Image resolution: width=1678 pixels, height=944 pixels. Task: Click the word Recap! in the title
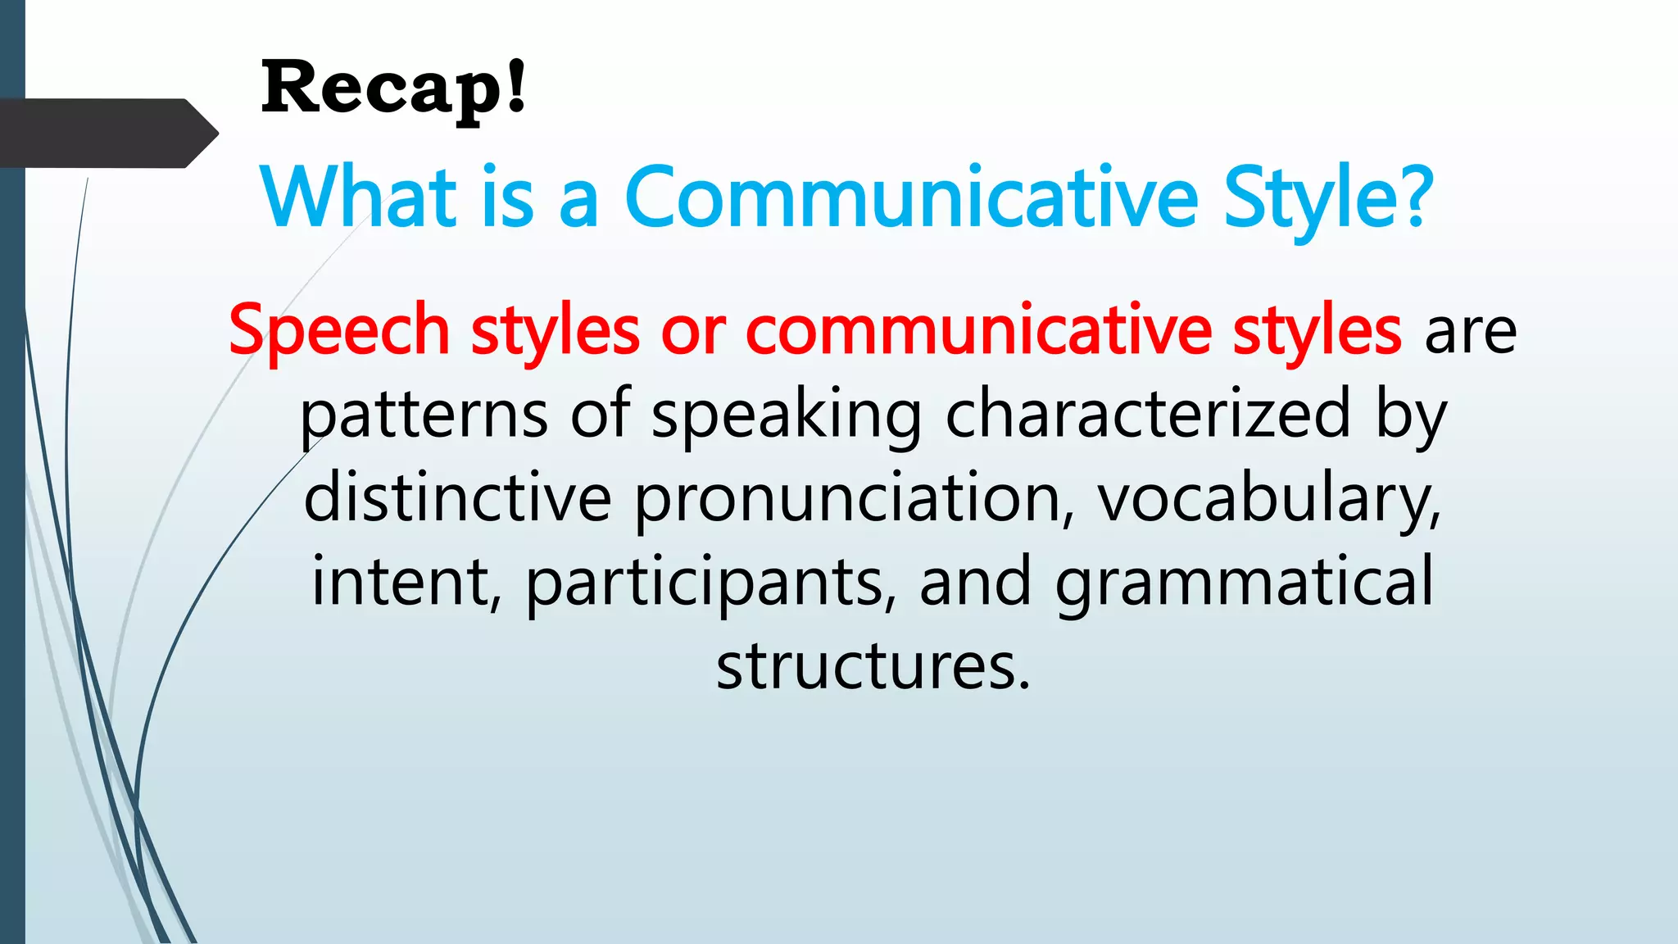tap(393, 88)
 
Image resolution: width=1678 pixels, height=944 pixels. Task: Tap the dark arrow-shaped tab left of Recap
tap(107, 134)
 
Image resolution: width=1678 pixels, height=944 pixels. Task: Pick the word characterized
tap(1147, 415)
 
